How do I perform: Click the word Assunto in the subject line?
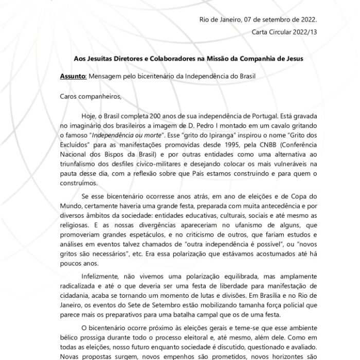click(72, 76)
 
